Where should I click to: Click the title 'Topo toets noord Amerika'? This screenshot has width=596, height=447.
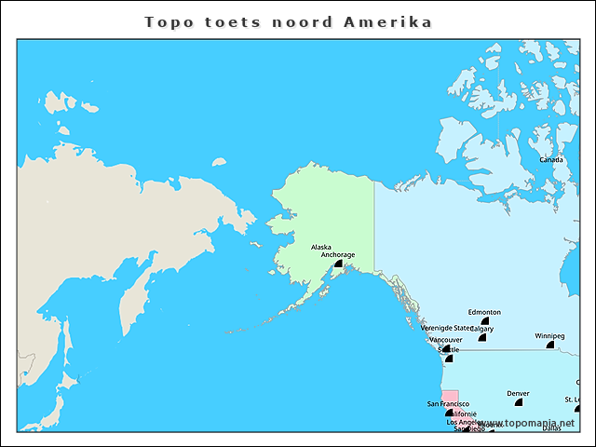tap(289, 21)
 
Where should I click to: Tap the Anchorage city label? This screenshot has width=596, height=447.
tap(337, 254)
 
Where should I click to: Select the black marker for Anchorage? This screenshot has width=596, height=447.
tap(339, 264)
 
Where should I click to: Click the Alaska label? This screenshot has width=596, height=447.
tap(320, 247)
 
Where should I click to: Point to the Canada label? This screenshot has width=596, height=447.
tap(551, 159)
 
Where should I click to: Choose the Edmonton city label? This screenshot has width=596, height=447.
tap(484, 312)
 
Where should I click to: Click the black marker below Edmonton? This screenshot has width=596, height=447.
tap(485, 321)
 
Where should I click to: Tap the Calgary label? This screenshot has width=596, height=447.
tap(481, 329)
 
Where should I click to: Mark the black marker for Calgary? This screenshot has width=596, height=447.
tap(482, 337)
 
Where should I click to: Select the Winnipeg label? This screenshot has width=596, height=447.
tap(549, 335)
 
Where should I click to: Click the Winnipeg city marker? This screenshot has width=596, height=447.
tap(550, 345)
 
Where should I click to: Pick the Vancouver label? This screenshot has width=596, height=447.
tap(445, 340)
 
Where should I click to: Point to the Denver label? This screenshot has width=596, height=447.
tap(518, 393)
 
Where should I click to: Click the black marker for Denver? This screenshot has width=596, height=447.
tap(519, 402)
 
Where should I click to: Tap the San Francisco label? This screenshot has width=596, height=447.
tap(448, 403)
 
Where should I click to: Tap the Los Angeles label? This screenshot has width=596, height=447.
tap(463, 422)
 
